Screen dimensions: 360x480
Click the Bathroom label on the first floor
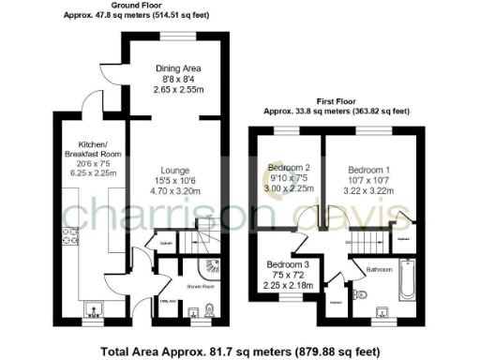click(x=379, y=270)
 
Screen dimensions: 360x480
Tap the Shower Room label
click(x=202, y=287)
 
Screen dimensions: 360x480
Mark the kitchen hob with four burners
click(x=68, y=238)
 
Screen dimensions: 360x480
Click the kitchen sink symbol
click(x=94, y=307)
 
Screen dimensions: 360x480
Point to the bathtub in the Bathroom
click(x=406, y=284)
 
